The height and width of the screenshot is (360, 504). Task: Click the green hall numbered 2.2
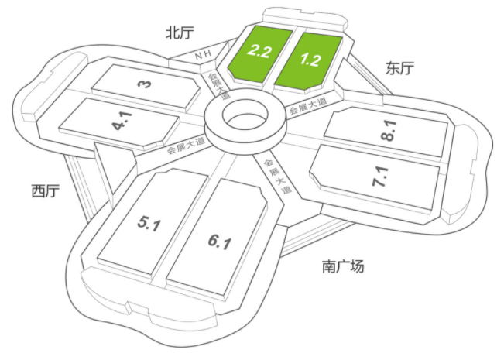click(259, 54)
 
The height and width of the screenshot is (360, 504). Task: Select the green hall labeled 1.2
click(309, 60)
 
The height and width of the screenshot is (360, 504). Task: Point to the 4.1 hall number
click(123, 121)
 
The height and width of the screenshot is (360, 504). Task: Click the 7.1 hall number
click(381, 177)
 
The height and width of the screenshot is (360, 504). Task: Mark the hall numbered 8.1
click(388, 131)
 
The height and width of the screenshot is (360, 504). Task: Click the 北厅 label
click(180, 33)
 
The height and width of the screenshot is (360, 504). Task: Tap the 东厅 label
click(399, 68)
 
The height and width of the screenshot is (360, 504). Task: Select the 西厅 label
click(46, 190)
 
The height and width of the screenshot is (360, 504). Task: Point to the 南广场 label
click(343, 266)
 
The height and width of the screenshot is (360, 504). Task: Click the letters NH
click(204, 55)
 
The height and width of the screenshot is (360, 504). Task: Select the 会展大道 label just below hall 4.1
click(186, 146)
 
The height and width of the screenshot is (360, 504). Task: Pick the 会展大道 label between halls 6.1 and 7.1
click(277, 177)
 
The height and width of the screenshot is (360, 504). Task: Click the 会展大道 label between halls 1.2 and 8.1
click(308, 106)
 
